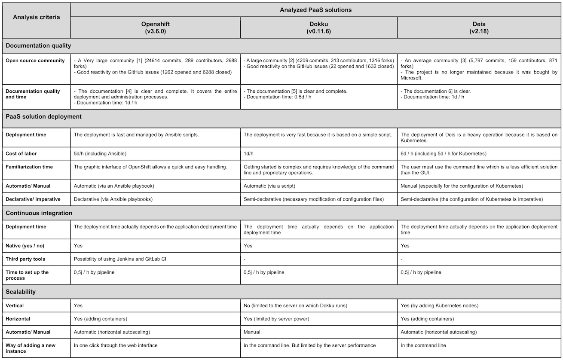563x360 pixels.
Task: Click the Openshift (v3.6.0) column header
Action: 155,27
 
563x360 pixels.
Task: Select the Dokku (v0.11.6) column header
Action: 318,27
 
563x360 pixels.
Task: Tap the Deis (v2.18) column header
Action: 479,27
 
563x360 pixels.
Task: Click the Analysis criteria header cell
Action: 36,17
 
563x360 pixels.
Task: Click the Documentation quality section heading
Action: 38,45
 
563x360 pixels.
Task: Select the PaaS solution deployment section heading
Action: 43,116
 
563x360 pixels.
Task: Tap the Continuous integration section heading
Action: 39,213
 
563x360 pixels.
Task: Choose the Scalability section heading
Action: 20,292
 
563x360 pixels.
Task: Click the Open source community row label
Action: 35,61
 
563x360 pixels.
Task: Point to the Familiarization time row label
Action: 29,167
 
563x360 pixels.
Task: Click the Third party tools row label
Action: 25,259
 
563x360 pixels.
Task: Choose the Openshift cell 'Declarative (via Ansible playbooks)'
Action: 113,199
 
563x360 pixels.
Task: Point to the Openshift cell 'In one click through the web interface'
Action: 116,345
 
